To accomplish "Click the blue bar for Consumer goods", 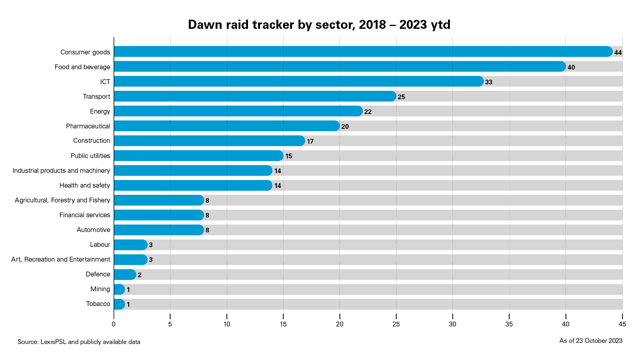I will point(363,52).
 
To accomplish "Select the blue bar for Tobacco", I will point(119,304).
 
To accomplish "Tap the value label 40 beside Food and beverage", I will point(571,67).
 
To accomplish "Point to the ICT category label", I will point(105,82).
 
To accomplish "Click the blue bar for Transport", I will point(255,96).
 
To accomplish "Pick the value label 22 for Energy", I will point(368,112).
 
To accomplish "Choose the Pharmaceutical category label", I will point(88,126).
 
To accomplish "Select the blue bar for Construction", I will point(209,141).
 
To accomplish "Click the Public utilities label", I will point(90,156).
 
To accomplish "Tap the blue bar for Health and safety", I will point(193,186).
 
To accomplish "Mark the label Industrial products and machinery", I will point(61,171).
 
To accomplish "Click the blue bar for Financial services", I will point(159,215).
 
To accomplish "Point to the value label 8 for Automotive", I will point(207,230).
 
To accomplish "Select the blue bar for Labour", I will point(130,245).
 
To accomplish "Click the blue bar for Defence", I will point(125,275).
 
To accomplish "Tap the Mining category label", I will point(100,289).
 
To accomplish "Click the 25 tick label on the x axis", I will point(396,324).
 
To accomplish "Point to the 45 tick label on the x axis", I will point(622,324).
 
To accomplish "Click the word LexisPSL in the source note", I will point(54,342).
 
